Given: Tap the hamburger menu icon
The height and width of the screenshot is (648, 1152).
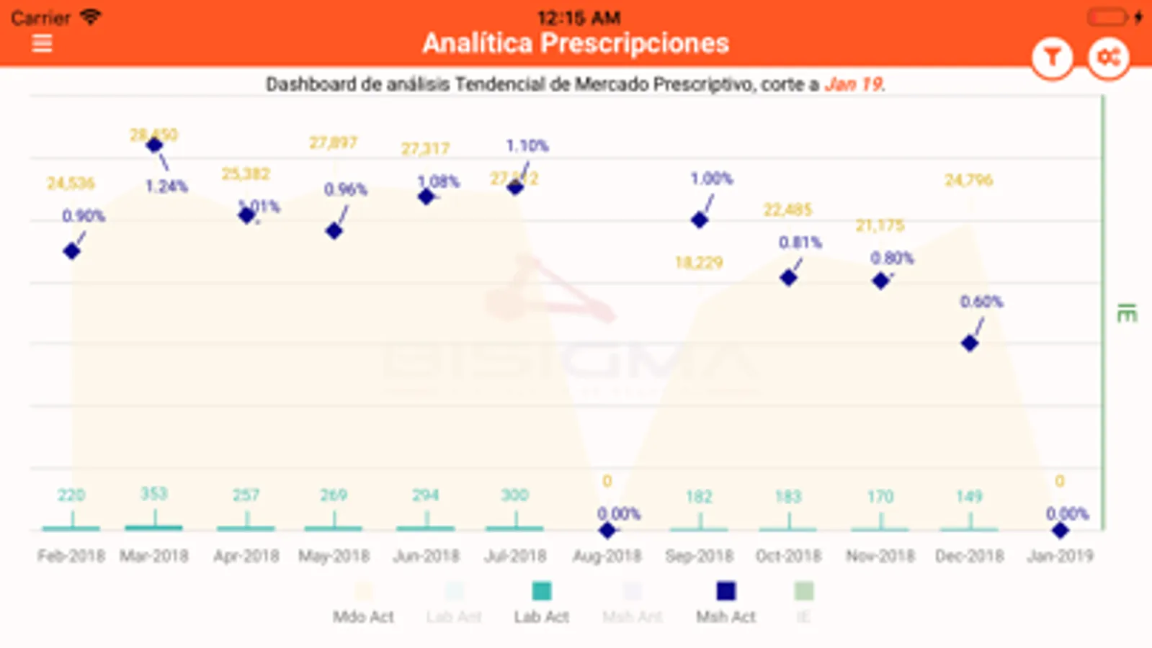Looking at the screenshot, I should tap(43, 43).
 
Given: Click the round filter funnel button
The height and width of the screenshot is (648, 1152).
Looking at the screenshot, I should tap(1052, 58).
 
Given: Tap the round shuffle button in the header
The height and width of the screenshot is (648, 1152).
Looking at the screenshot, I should tap(1108, 58).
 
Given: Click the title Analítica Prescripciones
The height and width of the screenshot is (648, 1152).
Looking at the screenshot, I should tap(576, 43).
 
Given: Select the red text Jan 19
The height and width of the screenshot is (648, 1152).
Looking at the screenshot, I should tap(854, 84).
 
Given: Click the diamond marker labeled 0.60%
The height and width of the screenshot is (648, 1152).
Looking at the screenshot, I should tap(970, 343).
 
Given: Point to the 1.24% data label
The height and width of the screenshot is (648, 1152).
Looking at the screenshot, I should tap(166, 186).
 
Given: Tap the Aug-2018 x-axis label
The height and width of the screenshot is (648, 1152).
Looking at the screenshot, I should tap(607, 556).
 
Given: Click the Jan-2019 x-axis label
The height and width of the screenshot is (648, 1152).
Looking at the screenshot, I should tap(1060, 556).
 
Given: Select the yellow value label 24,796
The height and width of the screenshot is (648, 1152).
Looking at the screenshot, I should tap(968, 180).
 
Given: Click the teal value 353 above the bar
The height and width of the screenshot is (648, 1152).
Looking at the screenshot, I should tap(153, 494).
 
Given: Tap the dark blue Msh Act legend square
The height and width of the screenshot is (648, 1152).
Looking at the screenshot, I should tap(725, 591).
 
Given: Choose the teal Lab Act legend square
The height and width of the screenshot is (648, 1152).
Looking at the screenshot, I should tap(541, 591).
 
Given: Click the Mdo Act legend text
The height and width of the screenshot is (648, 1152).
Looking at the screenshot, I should tap(363, 617).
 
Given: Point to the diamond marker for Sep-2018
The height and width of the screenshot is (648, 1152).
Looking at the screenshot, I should tap(700, 220).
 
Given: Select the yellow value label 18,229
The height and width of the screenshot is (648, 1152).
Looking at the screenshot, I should tap(699, 263).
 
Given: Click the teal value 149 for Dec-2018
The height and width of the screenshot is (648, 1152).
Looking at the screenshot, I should tap(969, 496).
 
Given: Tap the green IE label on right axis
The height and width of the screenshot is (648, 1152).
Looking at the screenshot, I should tap(1126, 314).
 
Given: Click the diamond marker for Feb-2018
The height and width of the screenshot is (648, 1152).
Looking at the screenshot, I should tap(71, 251).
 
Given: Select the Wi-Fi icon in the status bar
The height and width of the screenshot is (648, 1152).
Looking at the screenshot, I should tap(90, 17).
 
